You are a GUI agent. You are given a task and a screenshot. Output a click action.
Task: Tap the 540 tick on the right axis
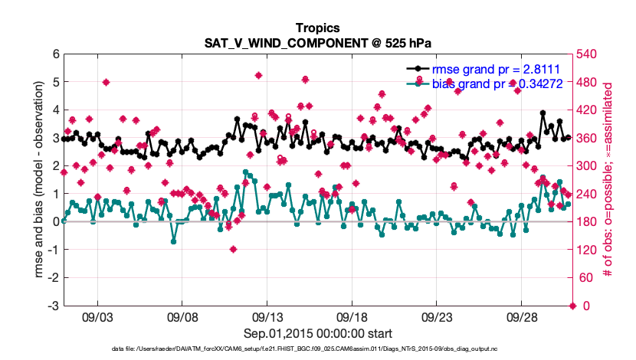click(588, 54)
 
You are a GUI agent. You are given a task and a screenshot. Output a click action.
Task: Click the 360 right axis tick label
click(588, 138)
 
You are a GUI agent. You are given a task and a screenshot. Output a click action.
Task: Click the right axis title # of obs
click(611, 179)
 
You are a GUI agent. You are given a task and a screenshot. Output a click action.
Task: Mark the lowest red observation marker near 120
click(233, 249)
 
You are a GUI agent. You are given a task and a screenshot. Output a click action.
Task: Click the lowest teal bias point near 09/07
click(174, 241)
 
